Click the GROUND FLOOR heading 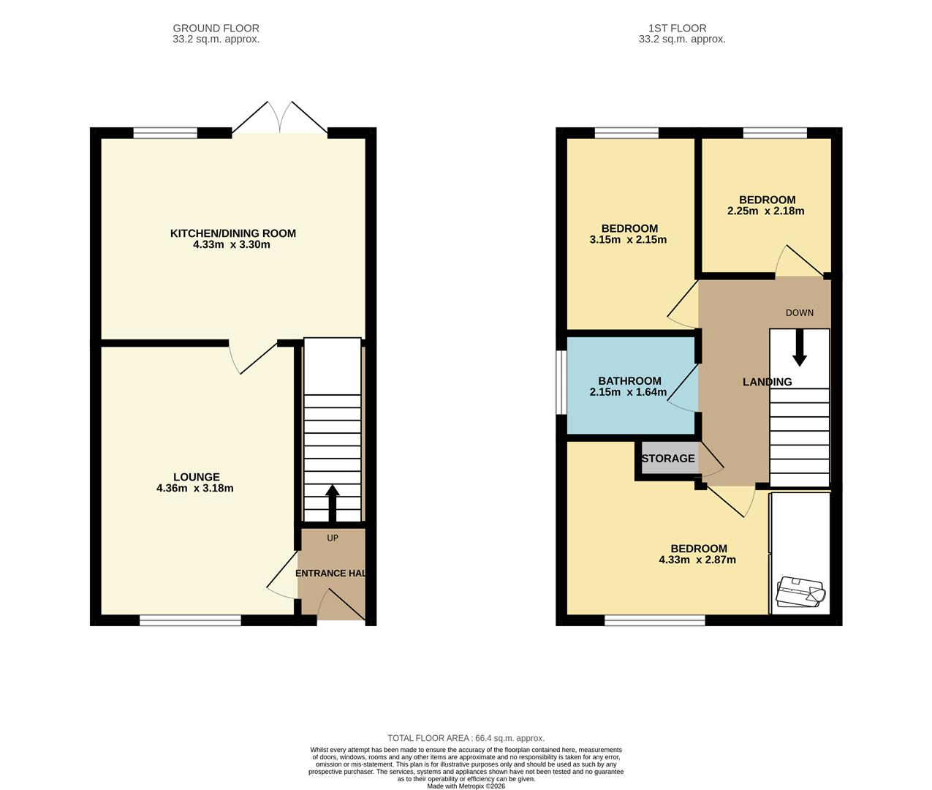coord(216,29)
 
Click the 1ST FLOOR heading coord(681,29)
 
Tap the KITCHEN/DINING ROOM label coord(232,233)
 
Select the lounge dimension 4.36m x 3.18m coord(194,489)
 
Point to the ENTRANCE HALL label coord(331,573)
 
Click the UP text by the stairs coord(333,538)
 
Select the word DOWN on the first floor coord(799,313)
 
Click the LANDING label coord(767,382)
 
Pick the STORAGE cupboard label coord(667,459)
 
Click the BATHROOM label coord(629,381)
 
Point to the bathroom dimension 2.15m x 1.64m coord(628,392)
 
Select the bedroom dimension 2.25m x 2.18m coord(765,211)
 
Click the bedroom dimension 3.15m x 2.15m coord(628,240)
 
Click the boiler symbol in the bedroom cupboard coord(800,592)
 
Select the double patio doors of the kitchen coord(280,119)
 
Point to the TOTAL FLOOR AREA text coord(466,738)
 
